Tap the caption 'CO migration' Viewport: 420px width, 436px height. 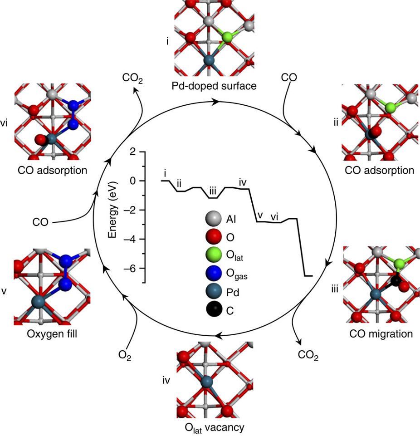(381, 334)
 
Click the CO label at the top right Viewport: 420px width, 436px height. (288, 77)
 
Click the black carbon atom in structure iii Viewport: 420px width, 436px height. (396, 281)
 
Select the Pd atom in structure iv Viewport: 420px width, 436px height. (207, 381)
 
